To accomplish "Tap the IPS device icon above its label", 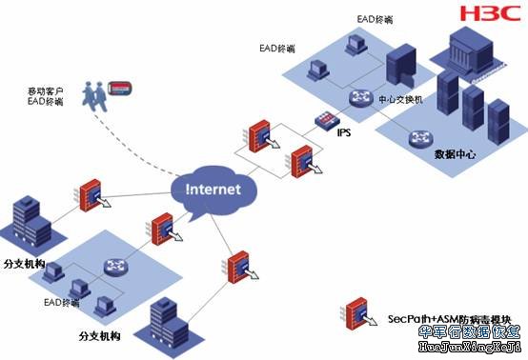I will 329,119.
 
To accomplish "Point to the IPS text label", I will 343,132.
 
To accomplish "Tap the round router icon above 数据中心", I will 420,139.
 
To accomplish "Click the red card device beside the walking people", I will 120,87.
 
